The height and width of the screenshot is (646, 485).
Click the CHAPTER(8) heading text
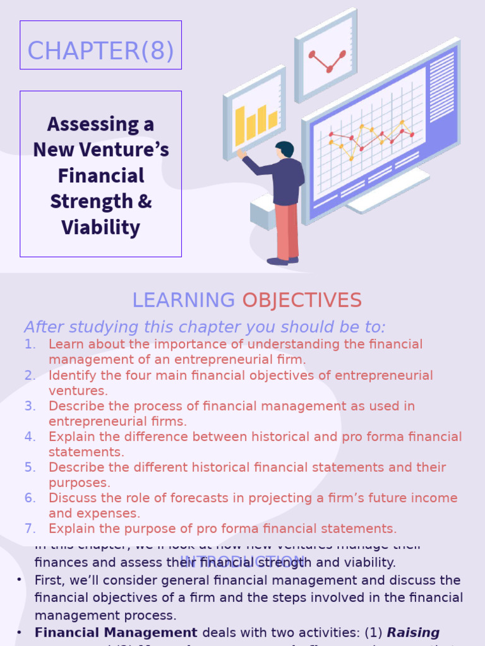(100, 51)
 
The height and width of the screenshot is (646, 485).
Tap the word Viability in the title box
(100, 227)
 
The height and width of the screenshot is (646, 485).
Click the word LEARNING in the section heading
(183, 300)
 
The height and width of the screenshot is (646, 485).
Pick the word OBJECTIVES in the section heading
(302, 300)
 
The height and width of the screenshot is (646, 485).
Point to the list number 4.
(30, 437)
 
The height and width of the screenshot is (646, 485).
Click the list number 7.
(30, 529)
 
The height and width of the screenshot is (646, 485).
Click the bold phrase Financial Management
(116, 632)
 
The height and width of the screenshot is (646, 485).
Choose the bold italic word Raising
(413, 632)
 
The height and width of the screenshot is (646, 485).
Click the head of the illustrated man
(285, 150)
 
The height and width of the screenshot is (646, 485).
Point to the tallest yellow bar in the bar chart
(240, 125)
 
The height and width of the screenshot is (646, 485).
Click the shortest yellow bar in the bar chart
(273, 120)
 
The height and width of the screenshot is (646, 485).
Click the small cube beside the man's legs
(262, 211)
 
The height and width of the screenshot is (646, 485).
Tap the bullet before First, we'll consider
(20, 580)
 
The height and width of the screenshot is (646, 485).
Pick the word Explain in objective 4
(71, 437)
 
